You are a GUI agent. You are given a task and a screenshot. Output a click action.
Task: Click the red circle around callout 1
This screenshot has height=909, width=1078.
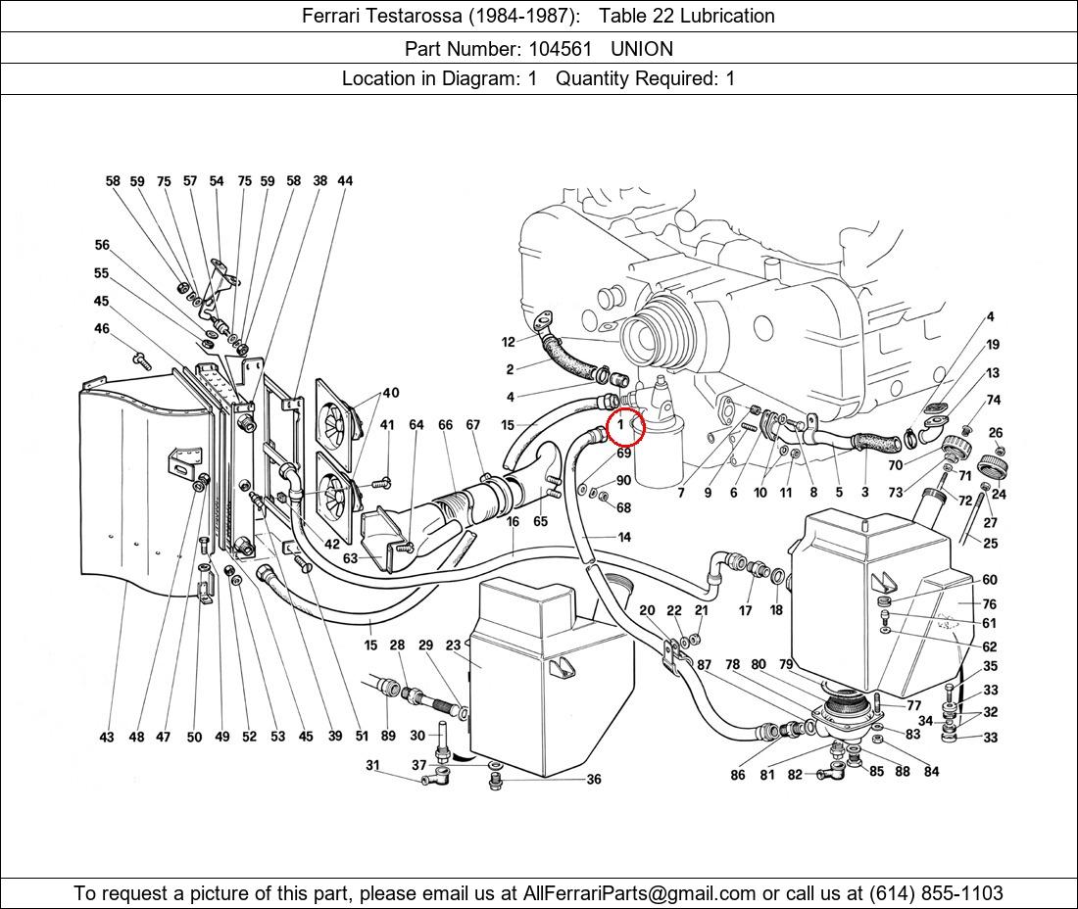tap(625, 426)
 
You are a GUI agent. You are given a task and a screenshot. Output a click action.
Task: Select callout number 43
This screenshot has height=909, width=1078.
tap(107, 737)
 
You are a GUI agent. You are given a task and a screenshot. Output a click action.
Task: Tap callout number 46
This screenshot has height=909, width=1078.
tap(102, 329)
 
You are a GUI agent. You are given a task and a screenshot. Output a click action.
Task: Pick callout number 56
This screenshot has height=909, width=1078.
tap(102, 246)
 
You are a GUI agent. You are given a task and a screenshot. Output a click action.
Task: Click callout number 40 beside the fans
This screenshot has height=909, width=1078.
tap(391, 393)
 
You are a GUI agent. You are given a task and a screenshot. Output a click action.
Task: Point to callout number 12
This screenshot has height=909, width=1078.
tap(508, 342)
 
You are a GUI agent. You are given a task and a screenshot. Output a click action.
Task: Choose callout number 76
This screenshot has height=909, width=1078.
tap(990, 604)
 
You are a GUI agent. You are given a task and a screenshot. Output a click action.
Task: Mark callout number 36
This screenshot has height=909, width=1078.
tap(594, 780)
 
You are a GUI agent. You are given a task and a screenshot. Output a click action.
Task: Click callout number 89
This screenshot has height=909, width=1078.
tap(387, 736)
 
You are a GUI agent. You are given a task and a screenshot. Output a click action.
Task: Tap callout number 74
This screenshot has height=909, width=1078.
tap(994, 400)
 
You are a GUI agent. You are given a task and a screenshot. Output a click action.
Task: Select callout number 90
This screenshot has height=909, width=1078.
tap(623, 481)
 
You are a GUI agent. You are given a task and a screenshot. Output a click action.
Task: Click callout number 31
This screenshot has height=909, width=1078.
tap(372, 765)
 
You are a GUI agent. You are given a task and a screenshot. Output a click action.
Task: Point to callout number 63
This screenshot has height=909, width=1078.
tap(350, 558)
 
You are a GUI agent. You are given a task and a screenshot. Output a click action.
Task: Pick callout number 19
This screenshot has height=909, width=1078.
tap(993, 345)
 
